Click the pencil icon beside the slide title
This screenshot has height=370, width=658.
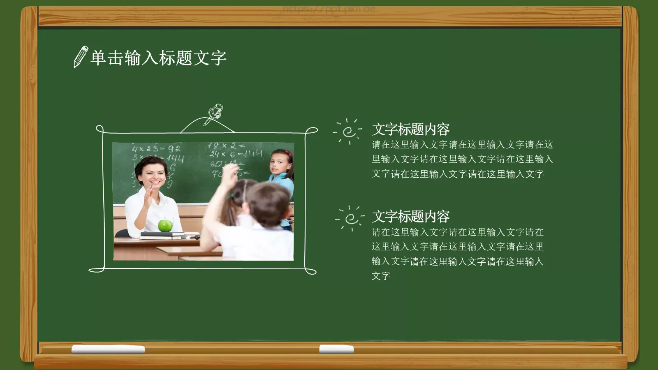pos(81,57)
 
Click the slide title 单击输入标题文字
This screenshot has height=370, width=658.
pos(158,58)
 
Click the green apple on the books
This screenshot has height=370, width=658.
pos(165,225)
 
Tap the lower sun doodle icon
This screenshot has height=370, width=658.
pos(350,218)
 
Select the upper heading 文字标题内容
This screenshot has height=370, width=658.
pos(410,129)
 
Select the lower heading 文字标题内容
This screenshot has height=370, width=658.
pos(410,217)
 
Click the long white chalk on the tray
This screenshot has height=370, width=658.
pos(108,349)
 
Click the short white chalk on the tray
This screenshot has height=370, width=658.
pos(336,349)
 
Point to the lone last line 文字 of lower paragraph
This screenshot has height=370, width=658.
pos(381,276)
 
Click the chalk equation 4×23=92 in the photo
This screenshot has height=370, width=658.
pos(156,148)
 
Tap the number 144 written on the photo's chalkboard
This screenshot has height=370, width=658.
pos(175,158)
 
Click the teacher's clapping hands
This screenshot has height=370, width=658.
pos(148,197)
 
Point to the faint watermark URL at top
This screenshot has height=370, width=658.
pos(329,9)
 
